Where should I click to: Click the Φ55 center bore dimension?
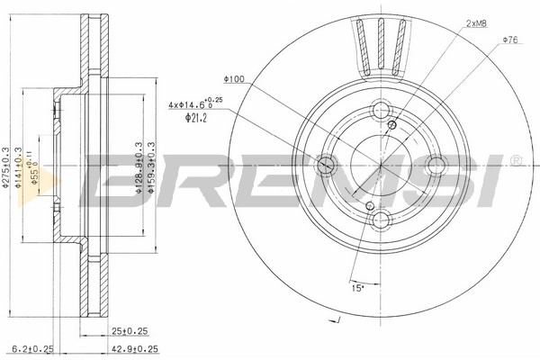click(x=33, y=165)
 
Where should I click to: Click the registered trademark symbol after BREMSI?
click(x=515, y=161)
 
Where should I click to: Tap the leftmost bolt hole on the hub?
click(x=327, y=165)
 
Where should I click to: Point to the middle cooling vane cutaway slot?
click(x=382, y=44)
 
